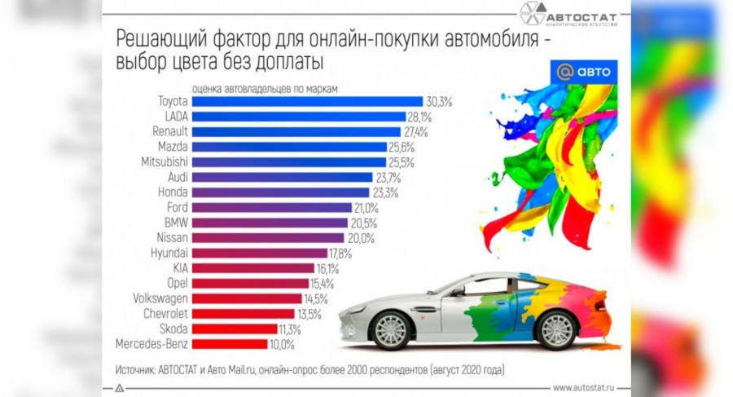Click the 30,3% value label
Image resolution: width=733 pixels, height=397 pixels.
[x=439, y=102]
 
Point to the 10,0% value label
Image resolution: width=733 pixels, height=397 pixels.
[x=282, y=344]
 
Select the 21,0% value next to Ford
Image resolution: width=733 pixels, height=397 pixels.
[x=366, y=208]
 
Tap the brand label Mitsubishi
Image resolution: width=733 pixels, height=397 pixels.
[x=164, y=162]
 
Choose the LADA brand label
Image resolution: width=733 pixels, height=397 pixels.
[x=176, y=117]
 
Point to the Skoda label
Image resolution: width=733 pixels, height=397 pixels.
[x=173, y=329]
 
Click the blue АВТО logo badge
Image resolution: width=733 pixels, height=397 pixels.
[x=582, y=71]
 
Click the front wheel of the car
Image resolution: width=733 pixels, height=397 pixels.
[x=389, y=330]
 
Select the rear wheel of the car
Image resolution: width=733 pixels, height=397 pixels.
[x=558, y=330]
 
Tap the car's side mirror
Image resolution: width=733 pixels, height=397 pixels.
[x=458, y=289]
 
